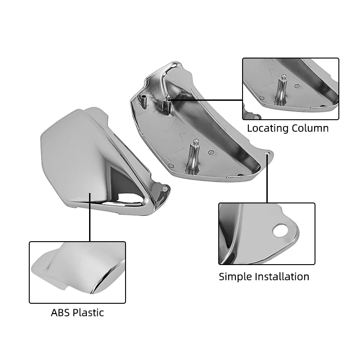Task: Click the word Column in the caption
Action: [309, 128]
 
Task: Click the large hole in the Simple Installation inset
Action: [280, 229]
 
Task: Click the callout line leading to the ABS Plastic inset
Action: [90, 217]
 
